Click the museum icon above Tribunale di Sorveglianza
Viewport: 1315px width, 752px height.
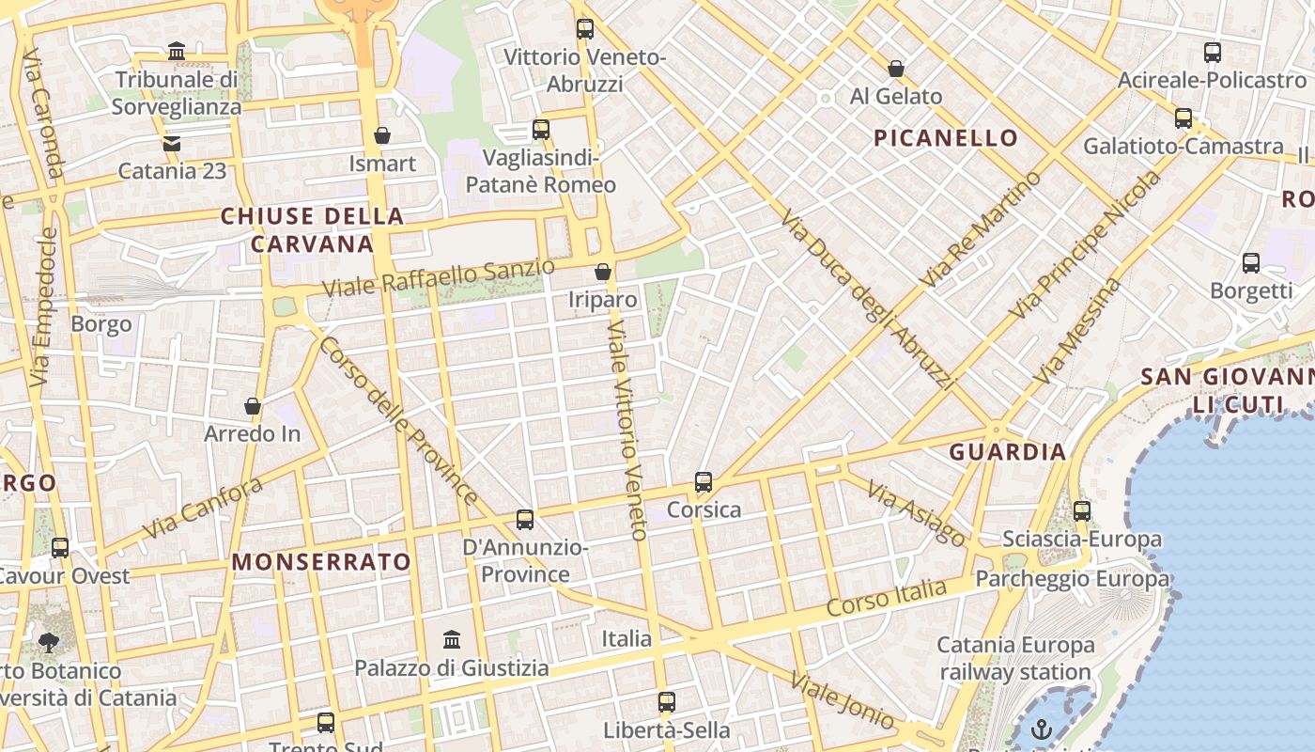176,51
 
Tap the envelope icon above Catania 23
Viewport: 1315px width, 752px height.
172,144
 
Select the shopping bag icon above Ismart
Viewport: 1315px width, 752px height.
382,136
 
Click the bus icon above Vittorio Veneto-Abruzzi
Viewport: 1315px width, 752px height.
585,29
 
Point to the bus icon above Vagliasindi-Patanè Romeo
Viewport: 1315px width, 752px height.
541,130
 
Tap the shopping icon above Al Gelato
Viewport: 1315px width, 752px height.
896,69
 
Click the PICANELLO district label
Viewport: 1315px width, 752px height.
946,138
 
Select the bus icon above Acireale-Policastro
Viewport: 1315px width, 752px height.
1213,53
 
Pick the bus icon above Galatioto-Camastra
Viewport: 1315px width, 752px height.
1183,118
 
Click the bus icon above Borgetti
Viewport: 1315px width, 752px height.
1251,263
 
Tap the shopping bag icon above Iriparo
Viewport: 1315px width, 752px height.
603,273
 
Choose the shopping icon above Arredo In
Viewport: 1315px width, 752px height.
253,406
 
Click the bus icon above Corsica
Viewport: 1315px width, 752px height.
704,482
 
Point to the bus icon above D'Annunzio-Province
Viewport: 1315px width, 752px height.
525,520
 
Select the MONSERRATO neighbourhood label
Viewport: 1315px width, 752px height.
321,562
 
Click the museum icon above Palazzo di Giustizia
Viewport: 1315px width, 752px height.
452,640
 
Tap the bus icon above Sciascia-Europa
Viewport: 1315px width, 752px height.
1082,511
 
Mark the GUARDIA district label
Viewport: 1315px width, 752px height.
1008,451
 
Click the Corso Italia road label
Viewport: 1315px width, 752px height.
887,598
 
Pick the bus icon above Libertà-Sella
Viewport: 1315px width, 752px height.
667,702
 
